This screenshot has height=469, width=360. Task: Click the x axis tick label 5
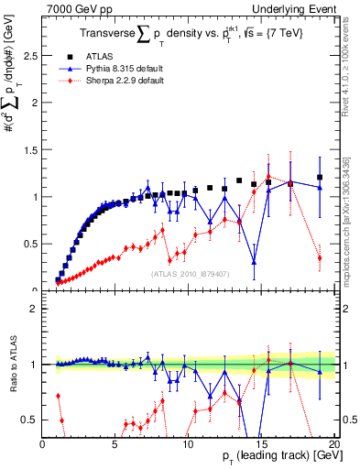point(115,443)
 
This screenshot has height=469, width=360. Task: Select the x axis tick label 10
point(188,443)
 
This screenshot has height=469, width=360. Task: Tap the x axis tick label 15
point(261,443)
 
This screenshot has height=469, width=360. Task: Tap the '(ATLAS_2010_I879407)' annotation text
point(189,273)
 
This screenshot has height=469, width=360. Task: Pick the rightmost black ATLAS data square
point(320,177)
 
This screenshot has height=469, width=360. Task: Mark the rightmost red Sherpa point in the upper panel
point(320,258)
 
